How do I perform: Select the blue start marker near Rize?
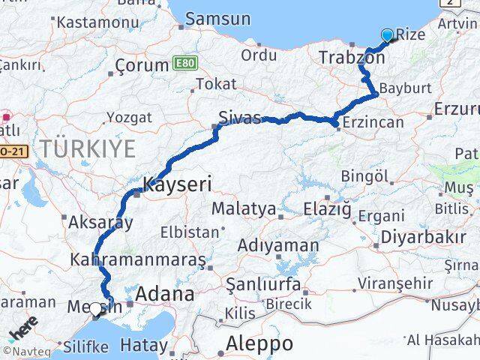(x=388, y=34)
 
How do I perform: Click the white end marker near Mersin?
(x=95, y=308)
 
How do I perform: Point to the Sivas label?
(x=240, y=117)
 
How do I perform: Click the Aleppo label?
(x=255, y=344)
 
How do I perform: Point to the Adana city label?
(x=163, y=293)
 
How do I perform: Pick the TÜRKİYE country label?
(x=88, y=148)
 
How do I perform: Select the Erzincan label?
(x=372, y=122)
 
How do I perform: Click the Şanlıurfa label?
(x=266, y=285)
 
